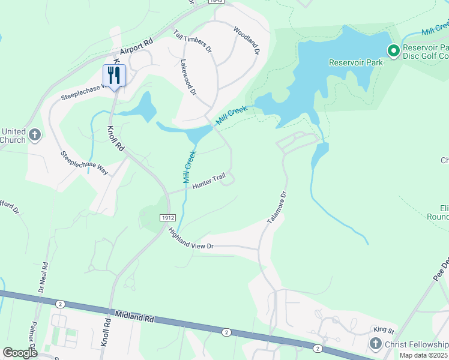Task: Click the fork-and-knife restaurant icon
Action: click(x=114, y=75)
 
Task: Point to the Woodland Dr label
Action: click(x=246, y=41)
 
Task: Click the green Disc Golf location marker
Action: click(x=394, y=51)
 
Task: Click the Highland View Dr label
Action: click(x=191, y=238)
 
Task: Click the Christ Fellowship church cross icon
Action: click(x=375, y=343)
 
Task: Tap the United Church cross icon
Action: click(x=35, y=134)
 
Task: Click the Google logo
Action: click(x=20, y=353)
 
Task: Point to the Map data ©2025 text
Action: click(x=424, y=355)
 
